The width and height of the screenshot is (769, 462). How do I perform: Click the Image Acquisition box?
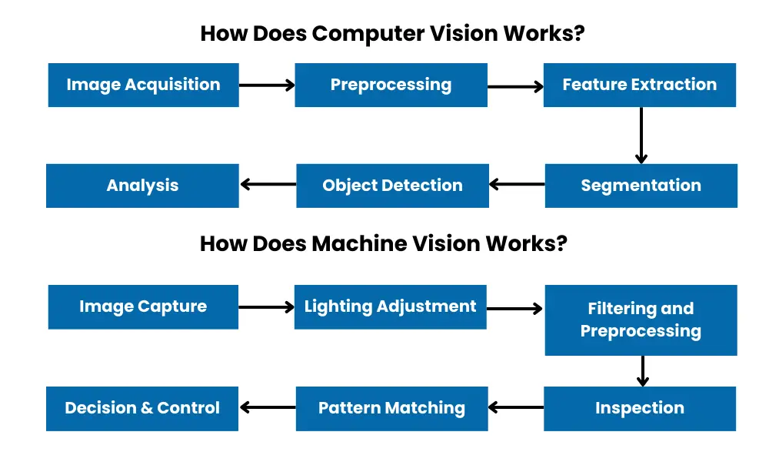pos(143,85)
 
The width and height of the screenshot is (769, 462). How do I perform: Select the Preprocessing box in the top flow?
pos(391,85)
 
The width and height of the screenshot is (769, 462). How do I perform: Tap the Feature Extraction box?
pos(639,85)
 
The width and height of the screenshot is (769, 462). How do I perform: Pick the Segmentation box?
pos(641,186)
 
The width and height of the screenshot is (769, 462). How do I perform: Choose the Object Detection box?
pos(392,186)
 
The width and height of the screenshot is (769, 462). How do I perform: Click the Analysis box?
pos(142,186)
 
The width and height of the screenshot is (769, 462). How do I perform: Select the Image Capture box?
pos(143,306)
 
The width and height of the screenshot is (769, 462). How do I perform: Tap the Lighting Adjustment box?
pos(391,306)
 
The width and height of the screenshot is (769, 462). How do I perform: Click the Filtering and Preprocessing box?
pos(641,320)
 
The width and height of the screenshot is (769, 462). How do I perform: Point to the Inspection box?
pos(640,408)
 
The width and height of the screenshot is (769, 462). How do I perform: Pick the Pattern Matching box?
pos(392,408)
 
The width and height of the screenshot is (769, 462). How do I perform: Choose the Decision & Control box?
pos(142,408)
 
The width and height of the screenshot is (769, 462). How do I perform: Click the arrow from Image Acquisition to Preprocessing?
pos(267,85)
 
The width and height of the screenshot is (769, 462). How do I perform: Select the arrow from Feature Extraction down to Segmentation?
pos(641,135)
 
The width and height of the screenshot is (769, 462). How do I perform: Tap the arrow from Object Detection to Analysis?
pos(268,184)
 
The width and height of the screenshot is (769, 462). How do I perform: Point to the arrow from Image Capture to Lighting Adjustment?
pos(267,306)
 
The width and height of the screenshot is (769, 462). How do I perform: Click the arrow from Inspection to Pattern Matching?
pos(516,407)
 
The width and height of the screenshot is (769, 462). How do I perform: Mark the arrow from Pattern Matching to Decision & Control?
pos(268,407)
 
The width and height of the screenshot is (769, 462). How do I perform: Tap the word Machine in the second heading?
pos(359,243)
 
